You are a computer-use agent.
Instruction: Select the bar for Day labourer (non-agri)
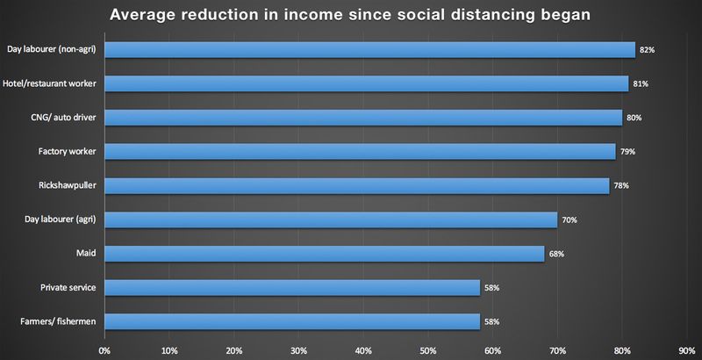[x=369, y=50]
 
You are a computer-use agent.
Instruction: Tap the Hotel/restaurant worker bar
[x=366, y=83]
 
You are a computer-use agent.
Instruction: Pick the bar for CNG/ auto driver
[x=363, y=118]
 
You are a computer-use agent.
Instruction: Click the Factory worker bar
[x=360, y=152]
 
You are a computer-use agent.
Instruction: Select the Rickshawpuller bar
[x=356, y=186]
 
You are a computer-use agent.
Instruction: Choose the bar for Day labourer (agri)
[x=331, y=220]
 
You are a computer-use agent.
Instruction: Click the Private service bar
[x=292, y=287]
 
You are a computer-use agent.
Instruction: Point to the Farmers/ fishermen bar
[x=292, y=321]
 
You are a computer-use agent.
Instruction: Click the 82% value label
[x=648, y=50]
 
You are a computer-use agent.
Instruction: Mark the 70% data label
[x=569, y=220]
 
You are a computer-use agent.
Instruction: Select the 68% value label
[x=557, y=254]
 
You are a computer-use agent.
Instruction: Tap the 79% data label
[x=628, y=152]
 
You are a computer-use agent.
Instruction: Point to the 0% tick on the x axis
[x=104, y=350]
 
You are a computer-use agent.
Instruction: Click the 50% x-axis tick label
[x=428, y=350]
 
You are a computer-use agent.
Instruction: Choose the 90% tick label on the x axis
[x=687, y=350]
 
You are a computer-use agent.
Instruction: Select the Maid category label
[x=86, y=254]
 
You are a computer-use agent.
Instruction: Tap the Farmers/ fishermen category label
[x=56, y=321]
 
